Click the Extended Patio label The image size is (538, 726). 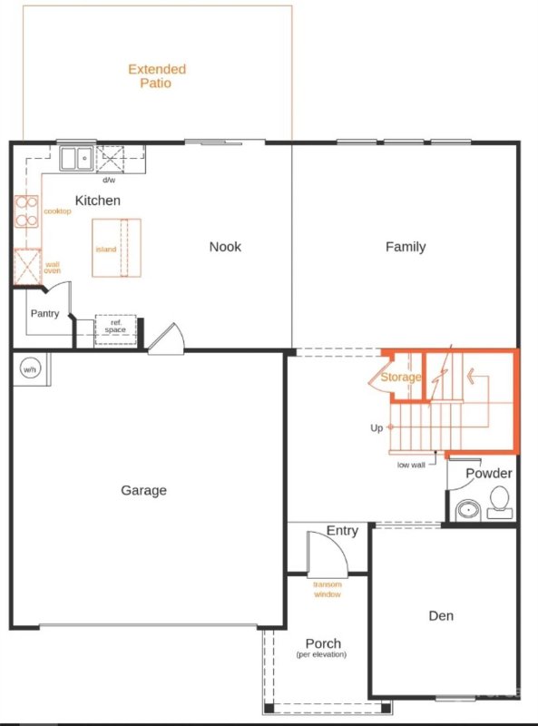coord(156,76)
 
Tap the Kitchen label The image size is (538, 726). coord(97,201)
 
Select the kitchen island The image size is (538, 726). coord(117,248)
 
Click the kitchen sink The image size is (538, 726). coord(76,159)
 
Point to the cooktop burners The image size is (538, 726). coord(26,211)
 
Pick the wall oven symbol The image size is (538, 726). coord(26,266)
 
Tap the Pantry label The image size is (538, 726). coord(44,314)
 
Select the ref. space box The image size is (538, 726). coord(115,328)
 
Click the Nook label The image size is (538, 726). coord(225,246)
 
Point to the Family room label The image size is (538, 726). coord(405,246)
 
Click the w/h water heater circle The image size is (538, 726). coord(30,369)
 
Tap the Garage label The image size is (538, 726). coord(144,490)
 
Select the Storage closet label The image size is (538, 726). coord(400,377)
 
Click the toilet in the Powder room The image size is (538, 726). coord(499,502)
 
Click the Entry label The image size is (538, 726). coord(342,531)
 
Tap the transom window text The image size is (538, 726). coord(327,590)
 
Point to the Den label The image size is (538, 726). coord(441,615)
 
